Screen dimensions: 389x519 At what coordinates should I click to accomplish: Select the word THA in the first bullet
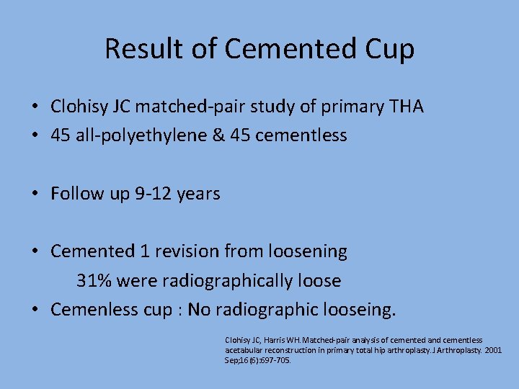click(x=406, y=107)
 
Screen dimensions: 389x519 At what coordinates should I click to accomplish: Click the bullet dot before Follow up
click(x=35, y=194)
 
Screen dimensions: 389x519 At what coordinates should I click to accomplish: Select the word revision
click(x=186, y=251)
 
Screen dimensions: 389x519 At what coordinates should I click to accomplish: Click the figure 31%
click(x=92, y=280)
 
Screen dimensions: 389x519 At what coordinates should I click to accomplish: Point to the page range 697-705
click(x=275, y=360)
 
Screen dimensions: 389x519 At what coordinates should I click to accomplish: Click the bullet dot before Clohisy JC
click(x=35, y=108)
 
